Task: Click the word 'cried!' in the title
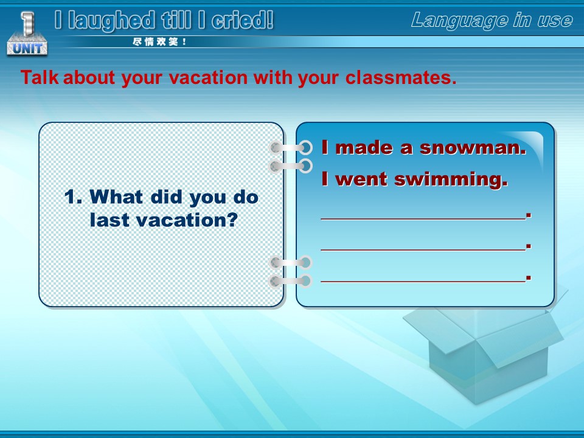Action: pos(243,20)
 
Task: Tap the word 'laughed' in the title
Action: pos(111,22)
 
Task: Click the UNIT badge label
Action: pos(27,48)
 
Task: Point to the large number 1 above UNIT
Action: pos(27,23)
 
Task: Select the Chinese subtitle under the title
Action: pos(159,42)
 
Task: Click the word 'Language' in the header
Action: pos(460,20)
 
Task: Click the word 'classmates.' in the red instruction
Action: pos(401,77)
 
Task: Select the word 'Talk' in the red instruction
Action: pos(40,77)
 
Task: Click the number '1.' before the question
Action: pos(73,196)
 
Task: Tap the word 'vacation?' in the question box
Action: pos(187,220)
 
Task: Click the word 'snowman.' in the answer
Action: pos(473,147)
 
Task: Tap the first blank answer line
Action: pos(423,219)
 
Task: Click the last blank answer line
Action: pos(423,282)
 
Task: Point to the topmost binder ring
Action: pos(291,147)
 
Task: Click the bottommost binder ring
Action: pos(291,281)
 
